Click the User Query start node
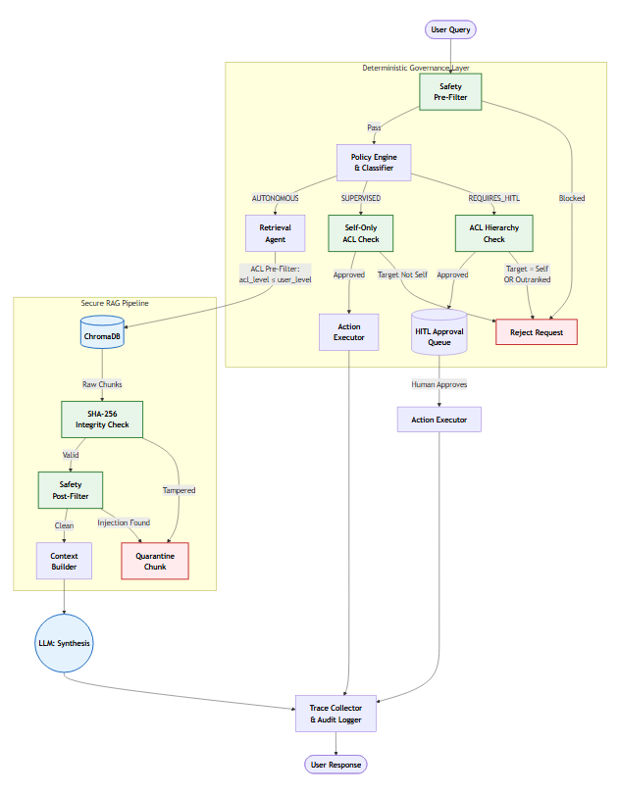click(x=450, y=29)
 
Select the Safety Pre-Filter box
click(x=450, y=92)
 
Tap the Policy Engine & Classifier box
click(x=374, y=163)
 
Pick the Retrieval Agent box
click(x=276, y=233)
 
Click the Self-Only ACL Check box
click(x=360, y=233)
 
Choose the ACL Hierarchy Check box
click(x=493, y=233)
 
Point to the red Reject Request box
click(x=537, y=332)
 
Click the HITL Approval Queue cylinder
click(x=439, y=332)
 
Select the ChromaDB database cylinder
click(x=102, y=332)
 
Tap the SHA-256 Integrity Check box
click(x=102, y=420)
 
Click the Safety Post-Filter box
click(x=71, y=490)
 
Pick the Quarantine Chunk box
click(x=155, y=561)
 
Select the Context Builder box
click(x=64, y=561)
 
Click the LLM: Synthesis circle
click(x=64, y=643)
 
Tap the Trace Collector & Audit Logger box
click(x=335, y=714)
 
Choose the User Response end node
click(x=335, y=765)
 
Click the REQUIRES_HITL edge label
click(x=493, y=198)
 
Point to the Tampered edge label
click(x=179, y=490)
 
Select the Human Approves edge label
click(x=439, y=384)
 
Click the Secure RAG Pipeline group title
click(x=115, y=303)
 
